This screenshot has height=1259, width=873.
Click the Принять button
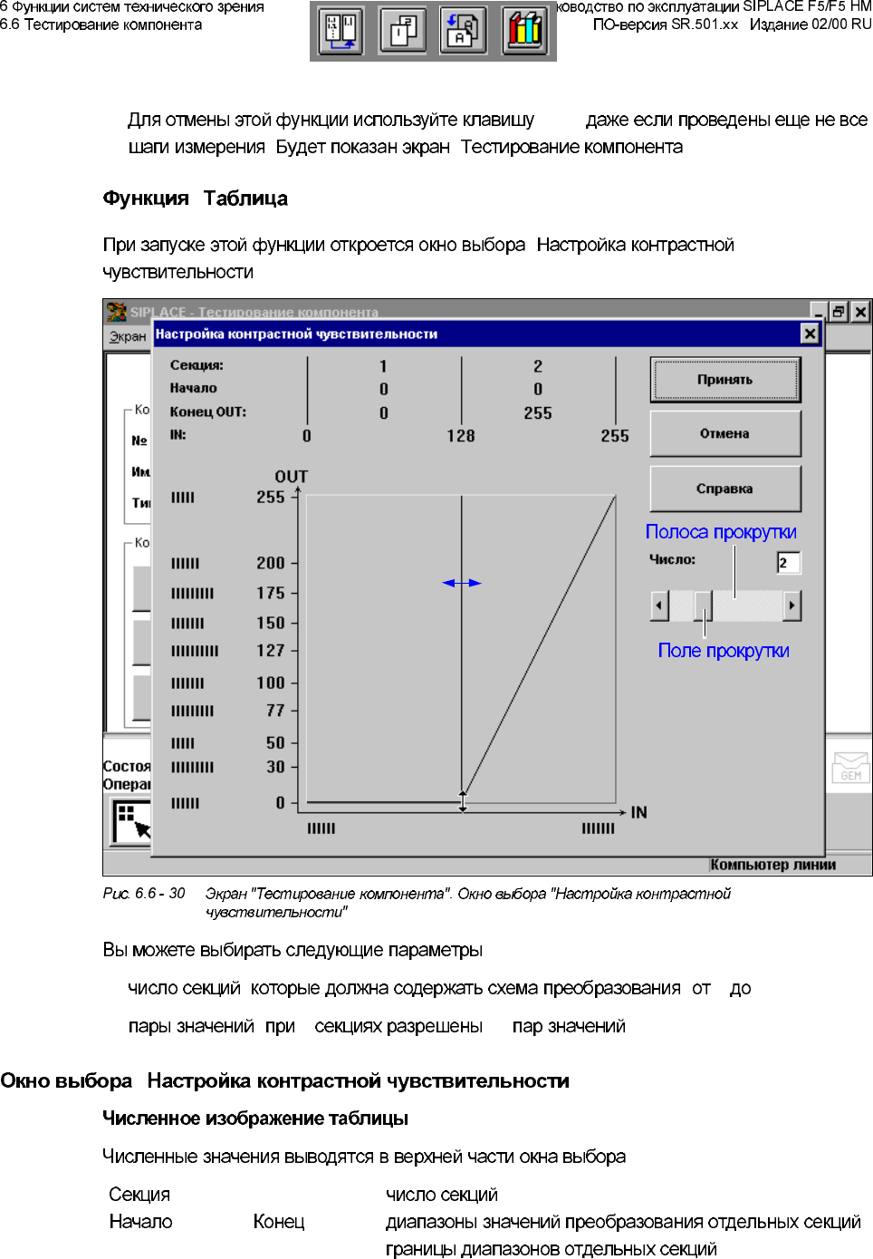click(x=724, y=380)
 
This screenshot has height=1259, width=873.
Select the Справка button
click(x=724, y=489)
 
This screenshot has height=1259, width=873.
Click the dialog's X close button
click(x=810, y=334)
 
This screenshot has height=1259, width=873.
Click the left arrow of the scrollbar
click(x=659, y=605)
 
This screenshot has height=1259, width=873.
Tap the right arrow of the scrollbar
click(x=792, y=605)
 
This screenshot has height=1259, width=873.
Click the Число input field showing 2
click(x=788, y=563)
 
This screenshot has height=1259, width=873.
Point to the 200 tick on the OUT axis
click(x=270, y=563)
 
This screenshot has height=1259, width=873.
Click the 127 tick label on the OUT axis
click(x=270, y=651)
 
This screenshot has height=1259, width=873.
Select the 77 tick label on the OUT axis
click(x=275, y=711)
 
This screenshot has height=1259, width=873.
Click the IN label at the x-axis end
click(x=638, y=812)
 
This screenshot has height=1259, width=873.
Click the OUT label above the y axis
click(x=291, y=477)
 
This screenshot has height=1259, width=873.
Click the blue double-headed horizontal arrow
click(x=462, y=583)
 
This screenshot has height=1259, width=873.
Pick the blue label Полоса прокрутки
click(x=721, y=532)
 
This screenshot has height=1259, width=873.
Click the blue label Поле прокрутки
click(x=724, y=651)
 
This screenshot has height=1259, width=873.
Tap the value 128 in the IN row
click(x=460, y=436)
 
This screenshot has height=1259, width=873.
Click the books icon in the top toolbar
click(x=524, y=30)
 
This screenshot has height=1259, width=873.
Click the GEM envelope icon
click(x=850, y=768)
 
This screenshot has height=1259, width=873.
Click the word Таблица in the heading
click(x=245, y=199)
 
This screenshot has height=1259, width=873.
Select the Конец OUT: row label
click(x=208, y=412)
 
